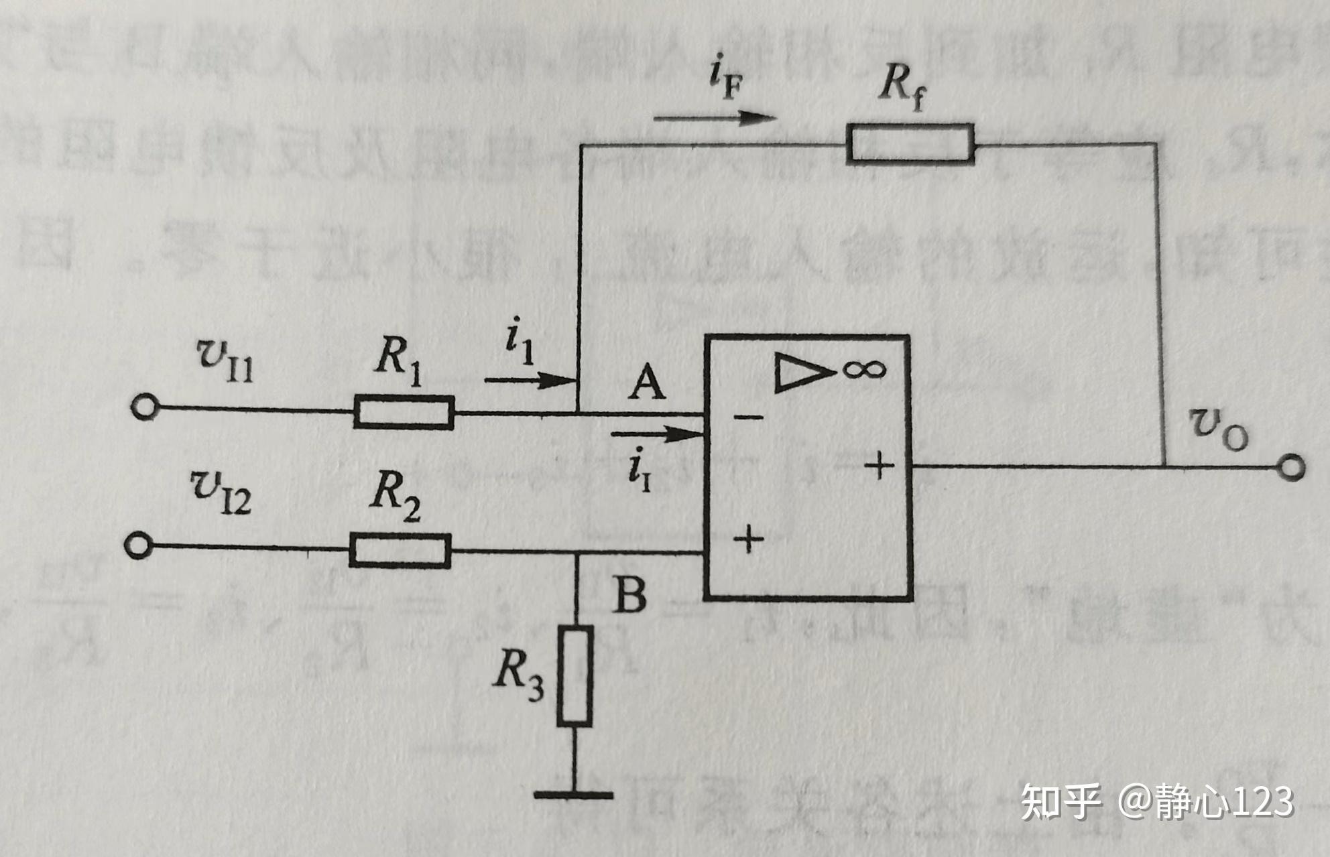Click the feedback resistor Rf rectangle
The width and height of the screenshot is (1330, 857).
pos(910,143)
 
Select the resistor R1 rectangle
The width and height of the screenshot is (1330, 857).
pos(404,411)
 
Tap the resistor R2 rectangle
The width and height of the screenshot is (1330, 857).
pos(400,551)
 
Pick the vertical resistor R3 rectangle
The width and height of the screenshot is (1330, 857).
pos(575,675)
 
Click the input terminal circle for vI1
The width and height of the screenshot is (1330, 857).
pos(143,407)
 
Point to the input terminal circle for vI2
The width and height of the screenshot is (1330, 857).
pos(137,545)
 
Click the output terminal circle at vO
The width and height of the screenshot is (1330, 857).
pos(1290,467)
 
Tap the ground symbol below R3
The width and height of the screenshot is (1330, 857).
pos(574,795)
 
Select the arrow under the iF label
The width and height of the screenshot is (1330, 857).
pos(713,119)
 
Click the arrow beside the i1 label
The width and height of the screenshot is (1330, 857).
pos(530,381)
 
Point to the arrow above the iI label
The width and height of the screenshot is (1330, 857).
pos(656,434)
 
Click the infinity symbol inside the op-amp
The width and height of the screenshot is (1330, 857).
pos(865,369)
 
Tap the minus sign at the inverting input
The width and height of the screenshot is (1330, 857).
pos(748,417)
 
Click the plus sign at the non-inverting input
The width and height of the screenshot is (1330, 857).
pos(748,539)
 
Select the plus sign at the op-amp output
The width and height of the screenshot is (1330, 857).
pos(880,464)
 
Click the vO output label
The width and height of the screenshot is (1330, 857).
pos(1217,429)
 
